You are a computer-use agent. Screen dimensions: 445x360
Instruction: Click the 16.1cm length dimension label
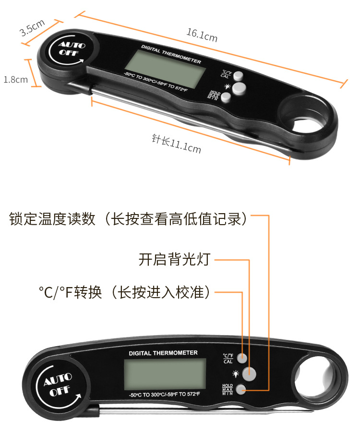click(202, 35)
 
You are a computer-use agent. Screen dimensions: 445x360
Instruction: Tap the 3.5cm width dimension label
click(32, 27)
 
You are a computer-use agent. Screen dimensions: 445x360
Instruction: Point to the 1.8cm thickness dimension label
click(15, 79)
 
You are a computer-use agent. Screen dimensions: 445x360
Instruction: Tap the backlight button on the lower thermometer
click(250, 373)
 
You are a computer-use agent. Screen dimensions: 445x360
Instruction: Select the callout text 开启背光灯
click(174, 260)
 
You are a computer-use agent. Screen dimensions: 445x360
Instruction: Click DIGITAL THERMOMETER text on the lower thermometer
click(163, 353)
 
